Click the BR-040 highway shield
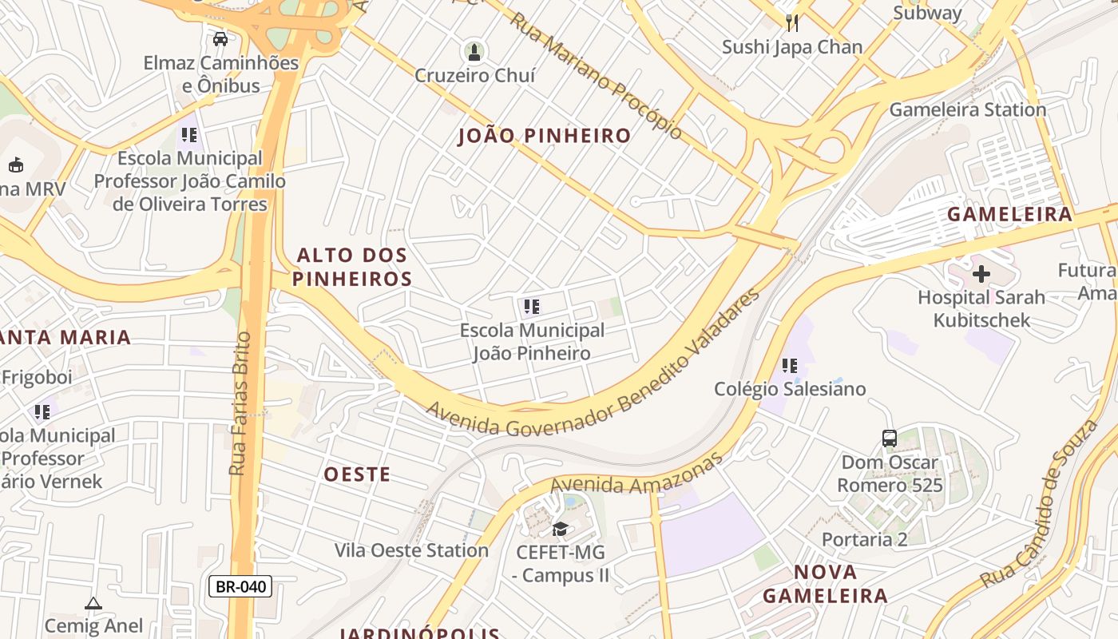click(x=240, y=586)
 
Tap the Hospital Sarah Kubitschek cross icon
click(x=981, y=274)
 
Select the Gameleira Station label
click(x=967, y=109)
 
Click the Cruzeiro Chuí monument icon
click(x=474, y=53)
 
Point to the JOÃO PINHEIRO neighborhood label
click(x=545, y=136)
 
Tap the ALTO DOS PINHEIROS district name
click(x=352, y=267)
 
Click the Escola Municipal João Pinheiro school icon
click(x=532, y=306)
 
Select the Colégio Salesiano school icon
click(x=789, y=366)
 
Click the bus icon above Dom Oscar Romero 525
click(x=890, y=438)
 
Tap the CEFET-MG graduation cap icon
click(x=560, y=529)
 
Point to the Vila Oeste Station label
click(x=411, y=550)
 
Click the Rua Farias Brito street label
click(x=240, y=403)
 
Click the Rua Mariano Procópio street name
click(x=596, y=76)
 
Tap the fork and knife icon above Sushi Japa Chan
click(x=791, y=22)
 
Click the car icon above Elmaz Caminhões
click(x=220, y=38)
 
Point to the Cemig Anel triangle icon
click(x=93, y=603)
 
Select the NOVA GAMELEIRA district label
click(x=825, y=584)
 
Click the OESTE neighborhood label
click(x=357, y=474)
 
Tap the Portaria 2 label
click(x=864, y=539)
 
